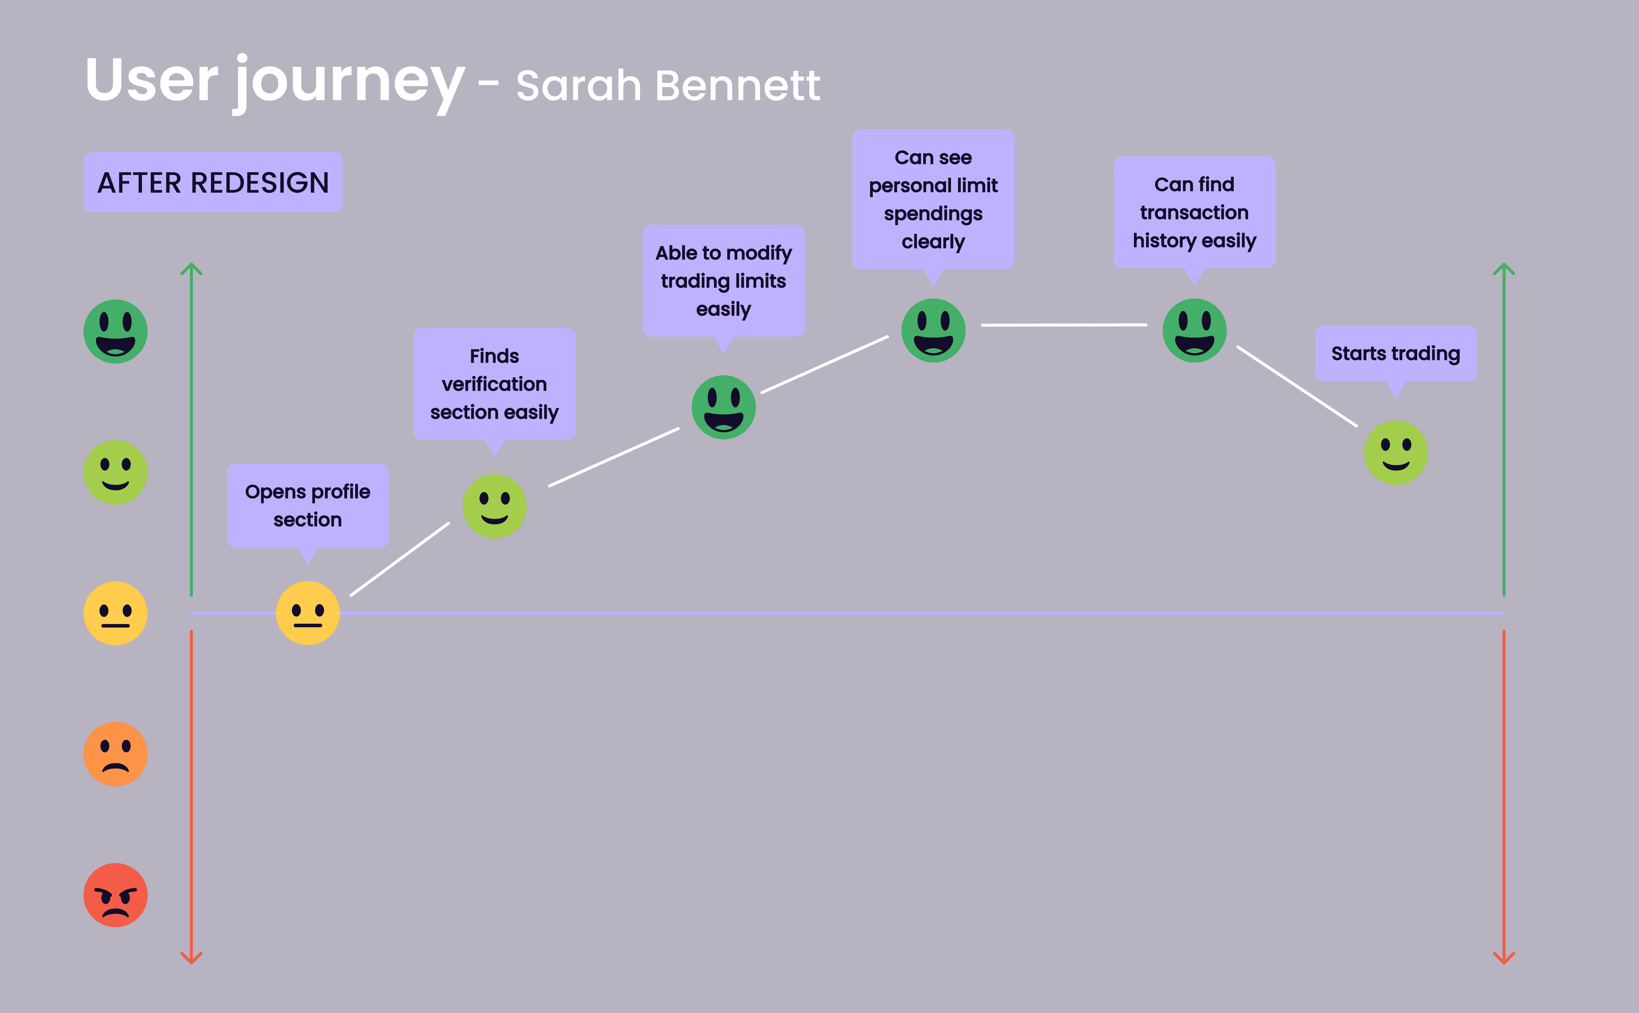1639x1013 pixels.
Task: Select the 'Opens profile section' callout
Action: click(x=308, y=505)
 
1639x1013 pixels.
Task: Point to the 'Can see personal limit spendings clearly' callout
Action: click(x=933, y=199)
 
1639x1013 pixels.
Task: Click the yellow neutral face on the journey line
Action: click(x=308, y=612)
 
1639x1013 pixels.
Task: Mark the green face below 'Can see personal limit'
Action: click(x=933, y=330)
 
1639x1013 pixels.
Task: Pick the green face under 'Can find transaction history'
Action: click(x=1194, y=330)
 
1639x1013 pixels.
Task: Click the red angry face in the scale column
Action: click(x=115, y=894)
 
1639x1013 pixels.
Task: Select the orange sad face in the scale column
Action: click(x=115, y=754)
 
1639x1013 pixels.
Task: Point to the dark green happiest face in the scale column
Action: click(x=115, y=331)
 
